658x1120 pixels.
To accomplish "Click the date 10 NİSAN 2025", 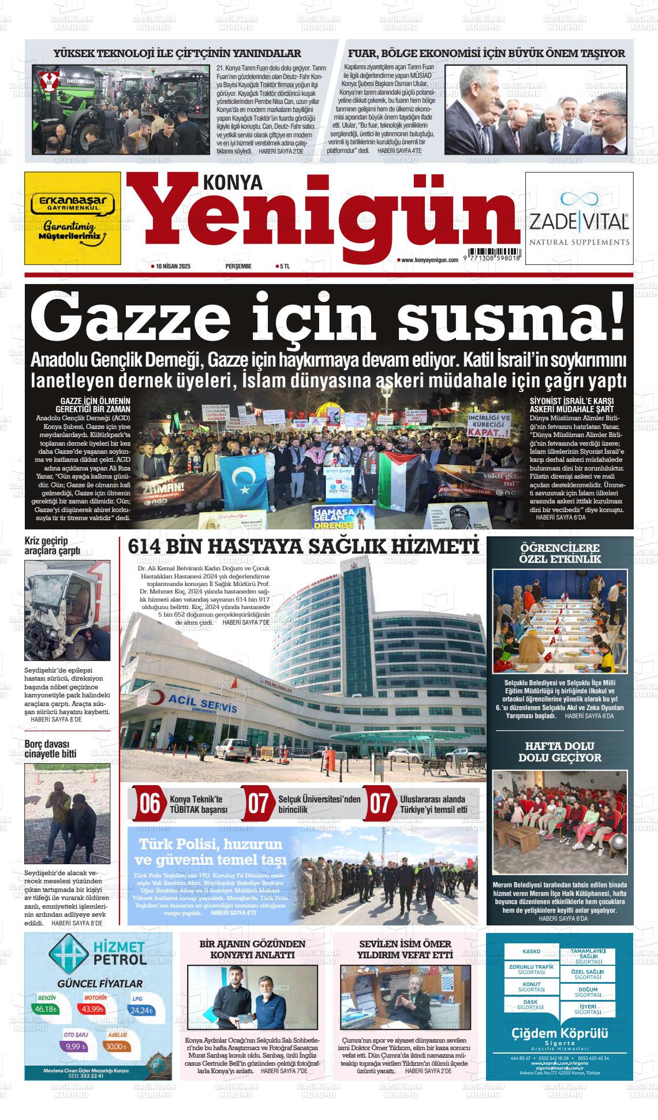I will pyautogui.click(x=171, y=266).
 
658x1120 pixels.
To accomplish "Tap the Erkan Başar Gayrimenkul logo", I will pyautogui.click(x=73, y=203).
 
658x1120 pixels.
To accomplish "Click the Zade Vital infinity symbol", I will pyautogui.click(x=578, y=198).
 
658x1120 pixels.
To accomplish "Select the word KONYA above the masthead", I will pyautogui.click(x=233, y=182).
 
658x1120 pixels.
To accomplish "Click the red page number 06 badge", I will pyautogui.click(x=149, y=804).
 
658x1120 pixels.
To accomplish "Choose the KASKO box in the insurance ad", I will pyautogui.click(x=531, y=951).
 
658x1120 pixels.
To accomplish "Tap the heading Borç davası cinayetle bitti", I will pyautogui.click(x=50, y=749).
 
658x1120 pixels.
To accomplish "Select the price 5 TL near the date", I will pyautogui.click(x=284, y=266).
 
